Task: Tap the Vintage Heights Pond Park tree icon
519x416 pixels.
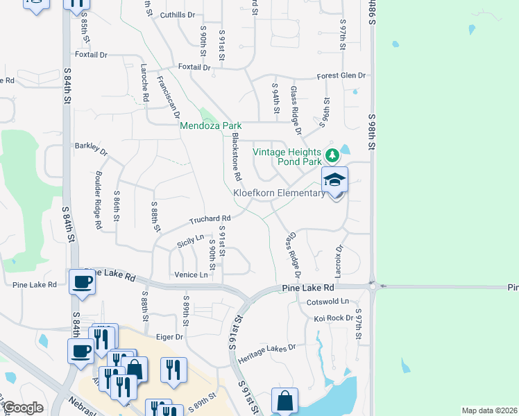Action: coord(332,153)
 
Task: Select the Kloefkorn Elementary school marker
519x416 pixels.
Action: coord(334,180)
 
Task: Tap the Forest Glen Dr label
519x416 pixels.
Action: coord(341,76)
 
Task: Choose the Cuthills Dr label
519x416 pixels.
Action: coord(177,15)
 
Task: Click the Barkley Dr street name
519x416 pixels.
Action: coord(91,148)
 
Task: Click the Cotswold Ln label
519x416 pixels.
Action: coord(331,302)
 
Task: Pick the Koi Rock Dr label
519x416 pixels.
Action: coord(330,318)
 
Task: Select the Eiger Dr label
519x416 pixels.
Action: coord(169,336)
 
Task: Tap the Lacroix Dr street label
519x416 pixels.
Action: coord(339,257)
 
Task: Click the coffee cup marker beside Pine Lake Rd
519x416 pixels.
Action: coord(83,282)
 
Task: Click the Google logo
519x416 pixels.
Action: coord(24,408)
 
